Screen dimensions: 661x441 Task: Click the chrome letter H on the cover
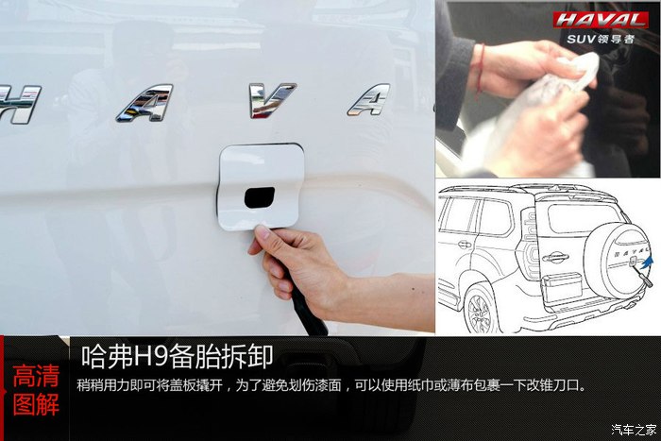point(20,104)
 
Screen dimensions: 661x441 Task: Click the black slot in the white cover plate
point(260,197)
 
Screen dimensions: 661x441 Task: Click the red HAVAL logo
point(601,20)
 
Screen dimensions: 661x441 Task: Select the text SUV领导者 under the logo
point(601,40)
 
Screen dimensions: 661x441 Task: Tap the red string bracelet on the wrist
point(480,70)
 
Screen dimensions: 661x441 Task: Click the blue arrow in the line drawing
point(646,263)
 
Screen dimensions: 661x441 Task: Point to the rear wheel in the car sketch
point(481,308)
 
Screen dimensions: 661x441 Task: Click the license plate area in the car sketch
point(563,287)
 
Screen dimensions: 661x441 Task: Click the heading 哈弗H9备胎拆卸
point(178,357)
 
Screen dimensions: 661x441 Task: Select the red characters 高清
point(36,376)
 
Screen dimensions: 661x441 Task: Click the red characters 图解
point(36,405)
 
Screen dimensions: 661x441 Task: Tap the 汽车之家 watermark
point(634,430)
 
